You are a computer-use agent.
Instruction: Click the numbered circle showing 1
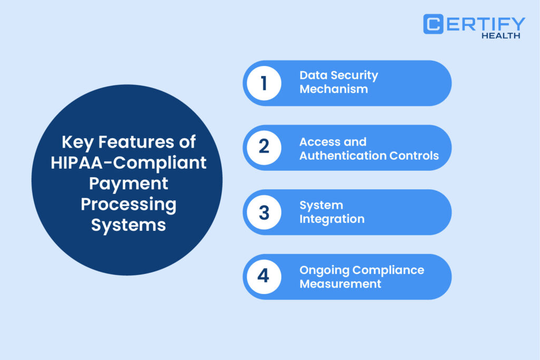point(264,83)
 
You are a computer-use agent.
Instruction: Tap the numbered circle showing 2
point(264,148)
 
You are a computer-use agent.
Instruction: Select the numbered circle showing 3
point(264,212)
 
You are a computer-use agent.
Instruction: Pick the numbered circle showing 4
point(264,277)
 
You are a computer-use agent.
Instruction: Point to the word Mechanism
point(334,89)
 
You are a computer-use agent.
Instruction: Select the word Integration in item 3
point(332,219)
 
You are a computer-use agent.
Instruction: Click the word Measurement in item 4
point(340,284)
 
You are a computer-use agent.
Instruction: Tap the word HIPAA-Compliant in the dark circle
point(129,163)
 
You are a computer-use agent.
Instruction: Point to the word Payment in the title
point(129,184)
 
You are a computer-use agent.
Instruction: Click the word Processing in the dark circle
point(129,205)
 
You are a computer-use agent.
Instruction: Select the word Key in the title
point(78,142)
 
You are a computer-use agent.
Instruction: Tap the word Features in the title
point(136,142)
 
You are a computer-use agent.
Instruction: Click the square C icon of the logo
point(433,24)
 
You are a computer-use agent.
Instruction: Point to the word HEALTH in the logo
point(501,35)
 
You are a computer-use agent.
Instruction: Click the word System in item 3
point(321,206)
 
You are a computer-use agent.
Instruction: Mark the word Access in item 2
point(319,142)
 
